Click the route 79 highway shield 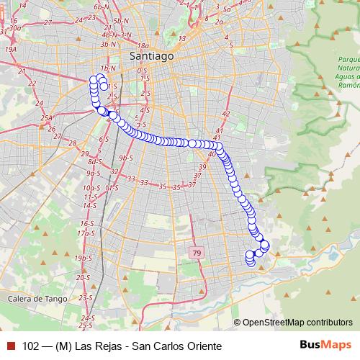[x=197, y=253]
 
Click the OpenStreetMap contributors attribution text [x=297, y=323]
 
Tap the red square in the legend [x=11, y=345]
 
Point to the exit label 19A [x=10, y=49]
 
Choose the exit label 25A [x=47, y=118]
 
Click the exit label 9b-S [x=127, y=157]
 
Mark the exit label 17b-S [x=86, y=233]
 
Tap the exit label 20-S [x=83, y=277]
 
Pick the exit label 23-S [x=86, y=297]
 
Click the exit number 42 [x=225, y=113]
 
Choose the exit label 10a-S [x=91, y=187]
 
